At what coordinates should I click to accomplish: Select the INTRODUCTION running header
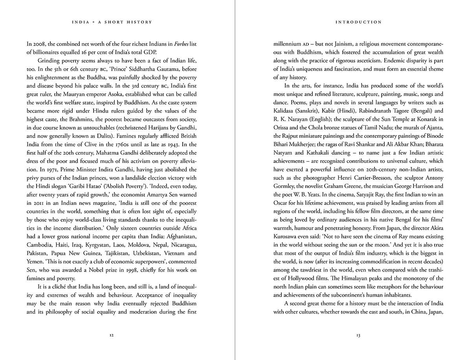click(x=358, y=22)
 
